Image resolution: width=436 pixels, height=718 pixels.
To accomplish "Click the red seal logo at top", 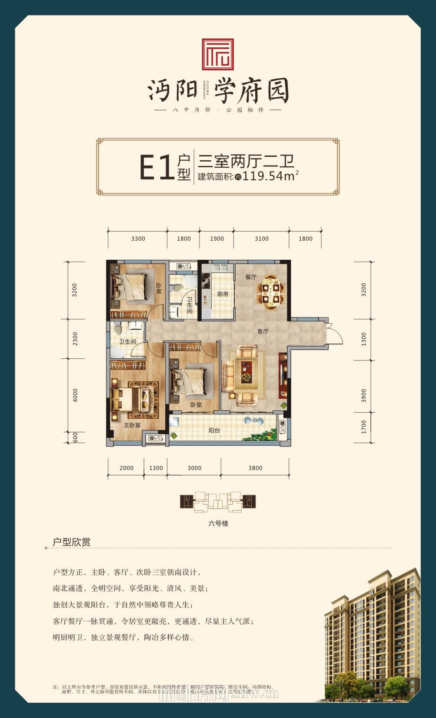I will coord(218,54).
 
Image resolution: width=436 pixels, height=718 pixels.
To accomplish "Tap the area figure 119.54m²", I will coord(270,176).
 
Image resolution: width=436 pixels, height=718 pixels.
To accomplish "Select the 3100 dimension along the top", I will coord(262,238).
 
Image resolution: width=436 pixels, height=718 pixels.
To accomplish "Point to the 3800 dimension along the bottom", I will coord(255,468).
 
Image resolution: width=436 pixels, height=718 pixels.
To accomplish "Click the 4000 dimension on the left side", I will coord(75,395).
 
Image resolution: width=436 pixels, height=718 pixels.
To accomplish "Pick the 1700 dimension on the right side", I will coord(363,427).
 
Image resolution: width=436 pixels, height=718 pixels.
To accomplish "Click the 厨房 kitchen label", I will coord(223,294).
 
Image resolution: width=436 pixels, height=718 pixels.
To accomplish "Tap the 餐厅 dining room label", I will coord(250,277).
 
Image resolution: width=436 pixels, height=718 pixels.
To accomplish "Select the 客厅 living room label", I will coord(263,331).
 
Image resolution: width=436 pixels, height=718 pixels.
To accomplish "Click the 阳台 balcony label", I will coord(214,430).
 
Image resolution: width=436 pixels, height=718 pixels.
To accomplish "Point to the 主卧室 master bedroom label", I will coord(132,425).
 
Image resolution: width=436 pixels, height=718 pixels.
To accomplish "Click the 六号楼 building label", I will coord(218,523).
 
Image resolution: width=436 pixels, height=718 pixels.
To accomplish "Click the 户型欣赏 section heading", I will coord(71,542).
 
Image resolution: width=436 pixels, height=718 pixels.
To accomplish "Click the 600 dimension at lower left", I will coord(75,437).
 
